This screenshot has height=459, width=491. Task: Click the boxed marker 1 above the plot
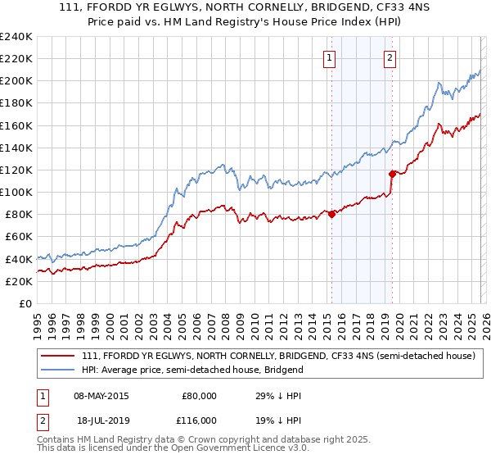coord(329,57)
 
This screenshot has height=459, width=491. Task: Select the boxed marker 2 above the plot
coord(390,57)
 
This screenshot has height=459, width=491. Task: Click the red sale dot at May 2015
coord(331,214)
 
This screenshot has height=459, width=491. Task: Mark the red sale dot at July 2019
coord(392,174)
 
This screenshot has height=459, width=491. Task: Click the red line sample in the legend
coord(60,356)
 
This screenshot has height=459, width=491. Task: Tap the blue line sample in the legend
coord(60,370)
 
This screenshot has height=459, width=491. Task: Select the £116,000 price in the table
coord(199,420)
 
